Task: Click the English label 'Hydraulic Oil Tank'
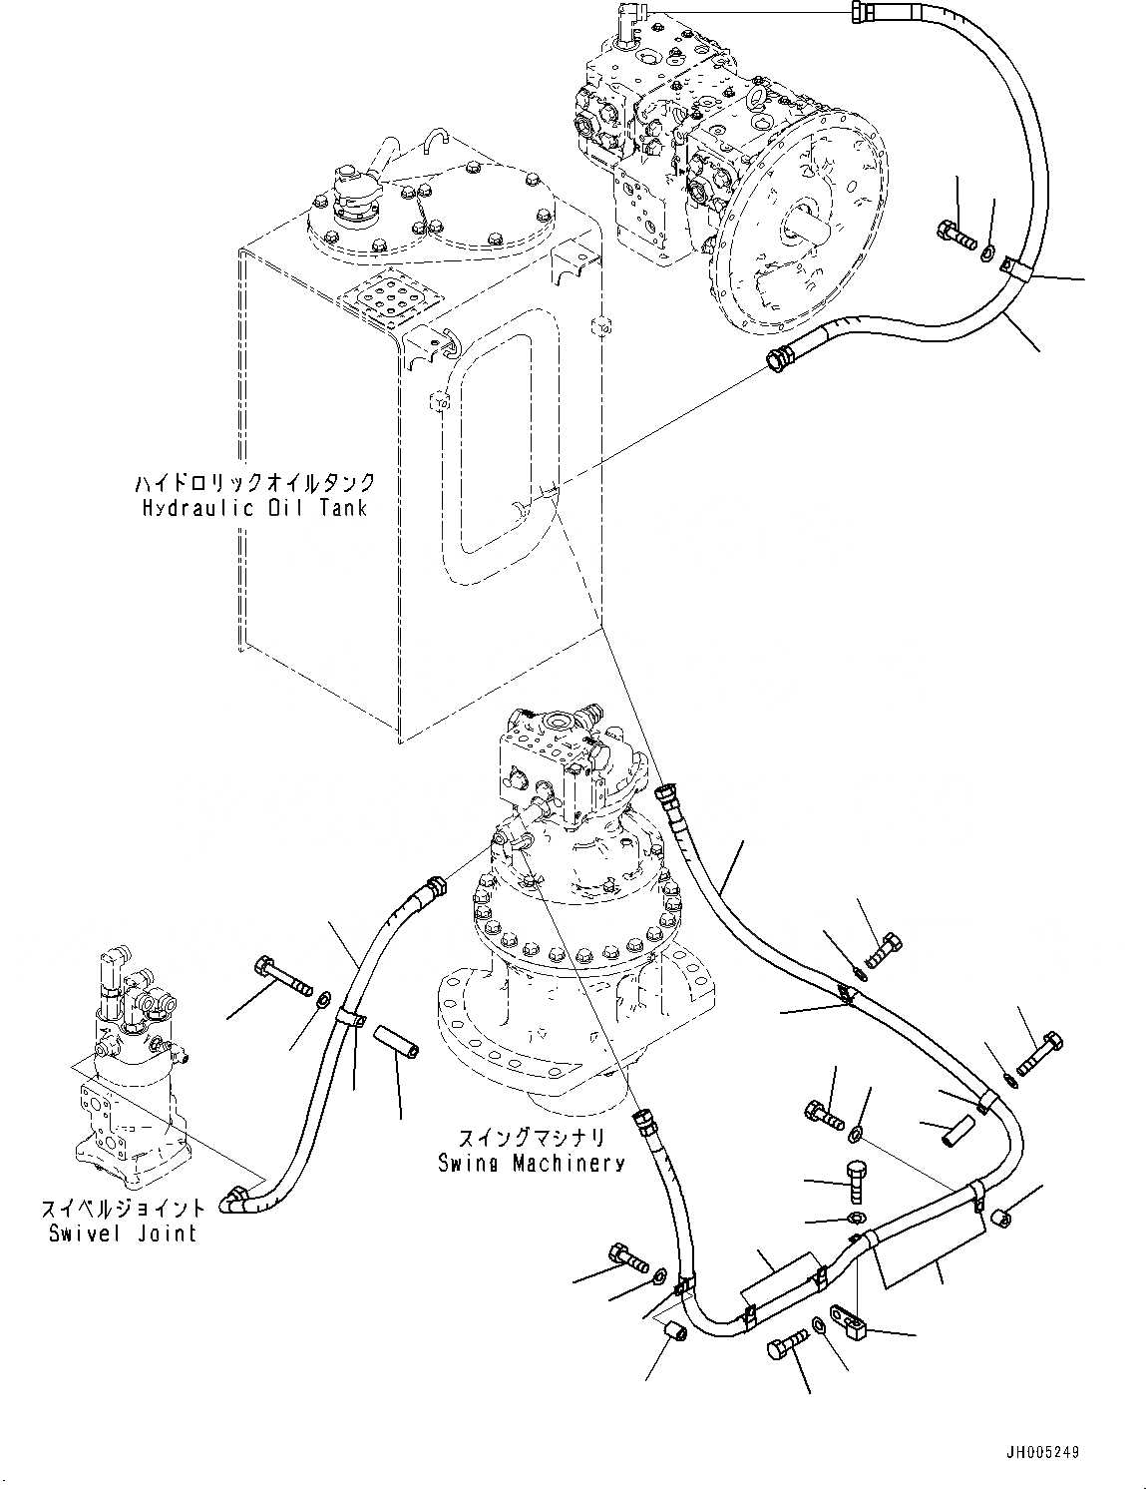coord(253,508)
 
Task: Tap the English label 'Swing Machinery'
coord(532,1163)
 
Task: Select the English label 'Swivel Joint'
coord(123,1234)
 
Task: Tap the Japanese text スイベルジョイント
coord(123,1209)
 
